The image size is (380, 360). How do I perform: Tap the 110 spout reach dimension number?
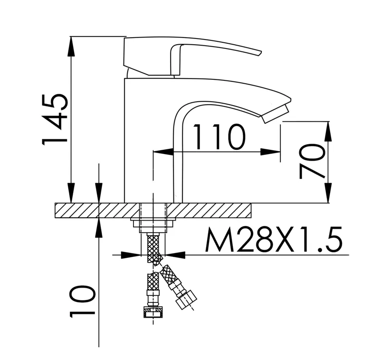219,136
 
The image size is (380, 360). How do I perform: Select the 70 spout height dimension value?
312,161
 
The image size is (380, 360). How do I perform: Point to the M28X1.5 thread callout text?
274,240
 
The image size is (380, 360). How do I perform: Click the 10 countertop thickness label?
81,301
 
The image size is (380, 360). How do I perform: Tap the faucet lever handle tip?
259,53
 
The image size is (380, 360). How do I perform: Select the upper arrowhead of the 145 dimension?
71,47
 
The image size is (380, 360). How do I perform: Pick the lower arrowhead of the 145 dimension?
71,193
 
